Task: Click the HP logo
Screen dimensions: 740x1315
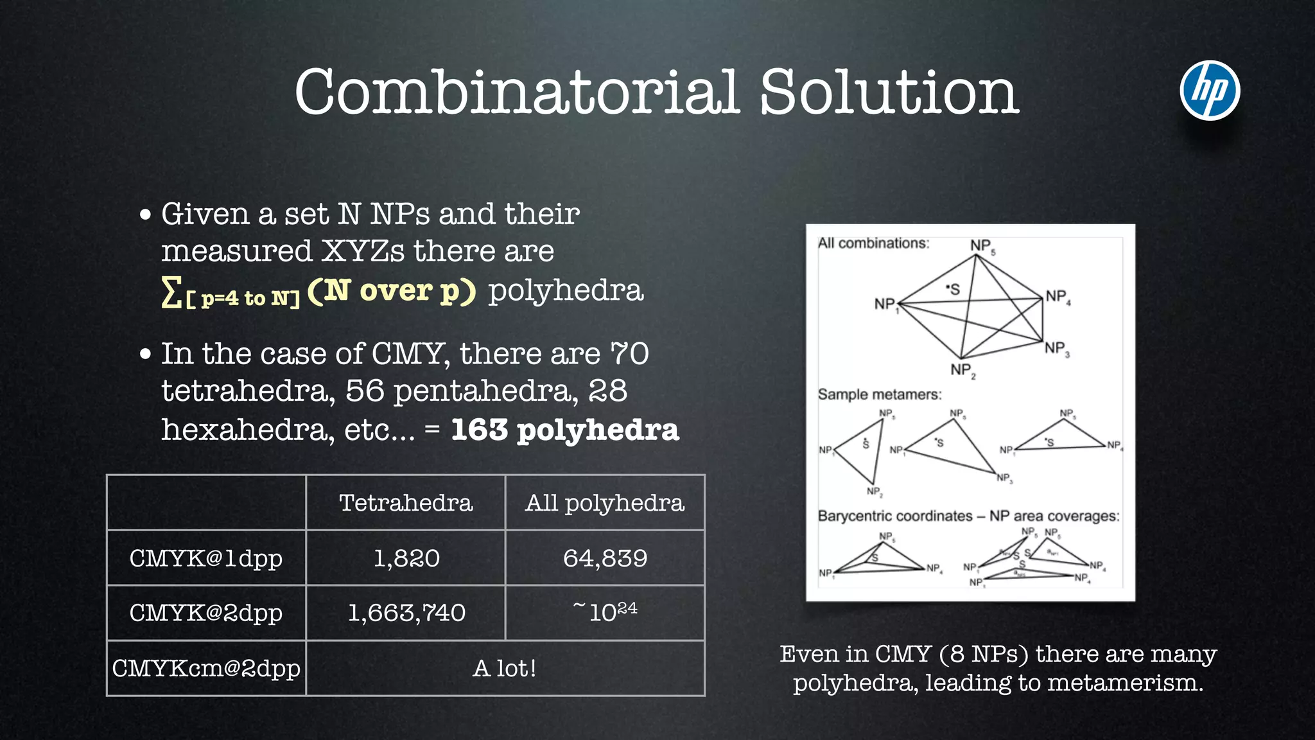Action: point(1210,91)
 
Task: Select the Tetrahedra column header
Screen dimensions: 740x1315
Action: point(406,503)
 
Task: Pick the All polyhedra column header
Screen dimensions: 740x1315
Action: point(605,503)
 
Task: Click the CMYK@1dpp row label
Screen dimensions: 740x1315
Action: point(206,558)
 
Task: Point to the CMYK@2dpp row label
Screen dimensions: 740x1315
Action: point(206,613)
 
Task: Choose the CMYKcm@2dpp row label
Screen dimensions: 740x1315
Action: point(206,669)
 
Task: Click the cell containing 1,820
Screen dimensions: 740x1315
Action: point(406,558)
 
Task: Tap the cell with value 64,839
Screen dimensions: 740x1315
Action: point(605,558)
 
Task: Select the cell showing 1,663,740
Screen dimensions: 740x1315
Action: point(406,613)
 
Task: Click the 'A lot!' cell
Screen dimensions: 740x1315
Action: point(505,669)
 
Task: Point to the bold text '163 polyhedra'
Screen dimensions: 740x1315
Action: point(564,430)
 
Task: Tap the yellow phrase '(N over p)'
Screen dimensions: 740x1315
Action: point(392,291)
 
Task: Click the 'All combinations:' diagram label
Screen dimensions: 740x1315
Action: point(873,243)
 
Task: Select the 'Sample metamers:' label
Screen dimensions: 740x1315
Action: point(880,394)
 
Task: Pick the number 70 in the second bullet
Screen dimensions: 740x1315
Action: point(629,353)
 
